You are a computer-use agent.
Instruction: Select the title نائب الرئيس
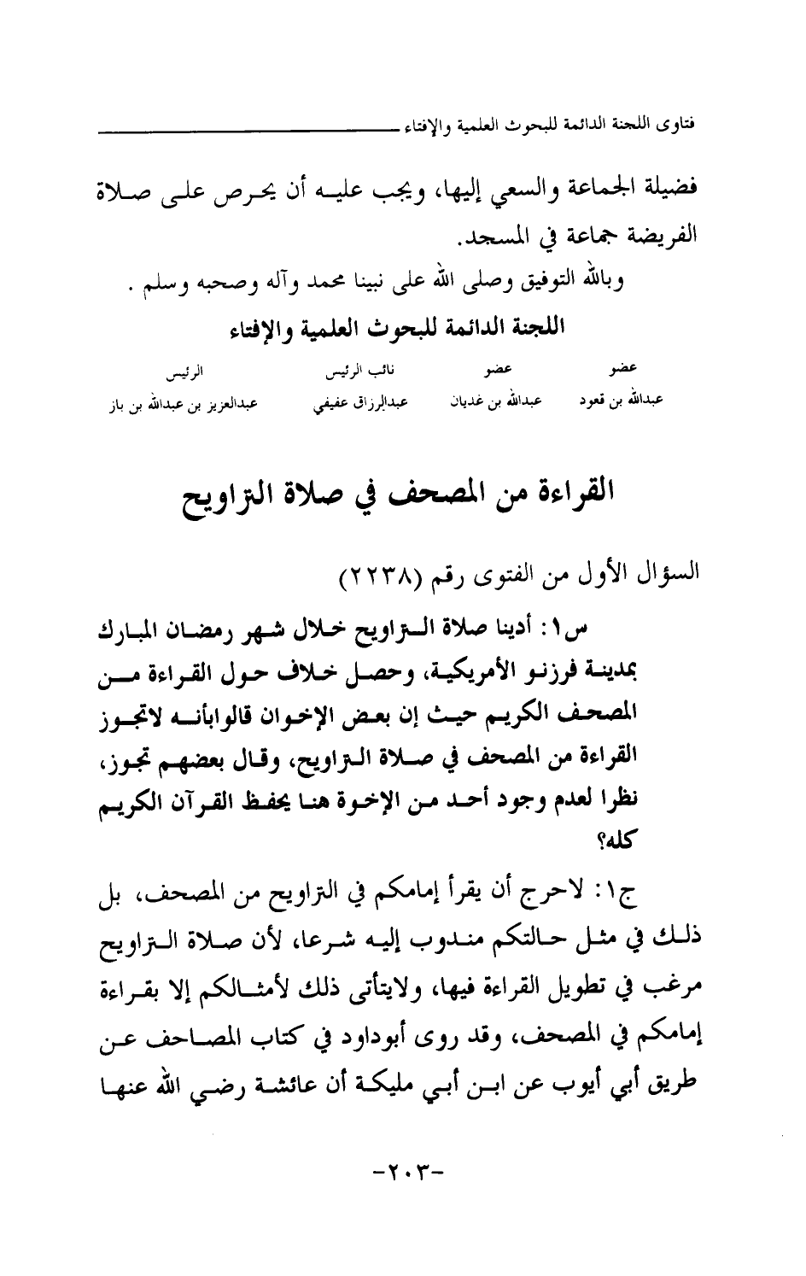pos(351,372)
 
